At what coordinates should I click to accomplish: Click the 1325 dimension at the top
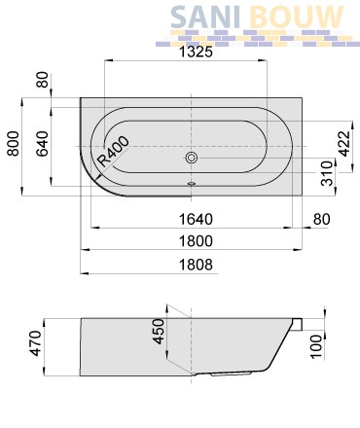point(196,52)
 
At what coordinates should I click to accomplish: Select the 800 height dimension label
point(14,143)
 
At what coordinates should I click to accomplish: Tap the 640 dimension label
point(42,143)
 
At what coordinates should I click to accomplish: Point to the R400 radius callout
point(113,152)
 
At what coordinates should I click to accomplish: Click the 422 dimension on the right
point(344,143)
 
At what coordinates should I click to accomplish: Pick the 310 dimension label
point(327,173)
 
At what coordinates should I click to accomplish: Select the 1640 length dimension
point(196,219)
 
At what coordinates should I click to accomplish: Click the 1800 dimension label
point(196,241)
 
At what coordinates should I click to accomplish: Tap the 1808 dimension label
point(196,265)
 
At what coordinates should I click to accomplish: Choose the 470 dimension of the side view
point(35,343)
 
